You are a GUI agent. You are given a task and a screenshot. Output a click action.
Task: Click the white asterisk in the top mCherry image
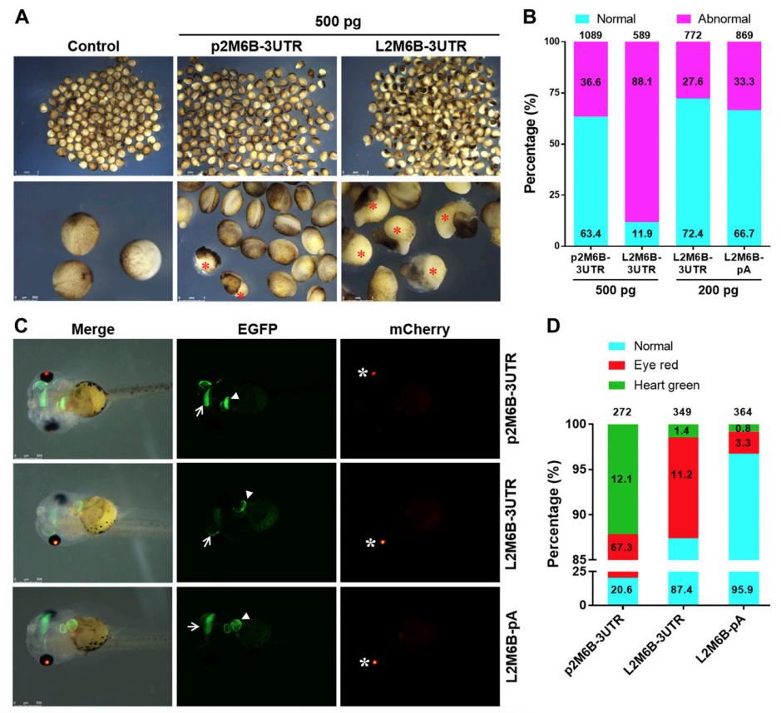coord(363,373)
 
